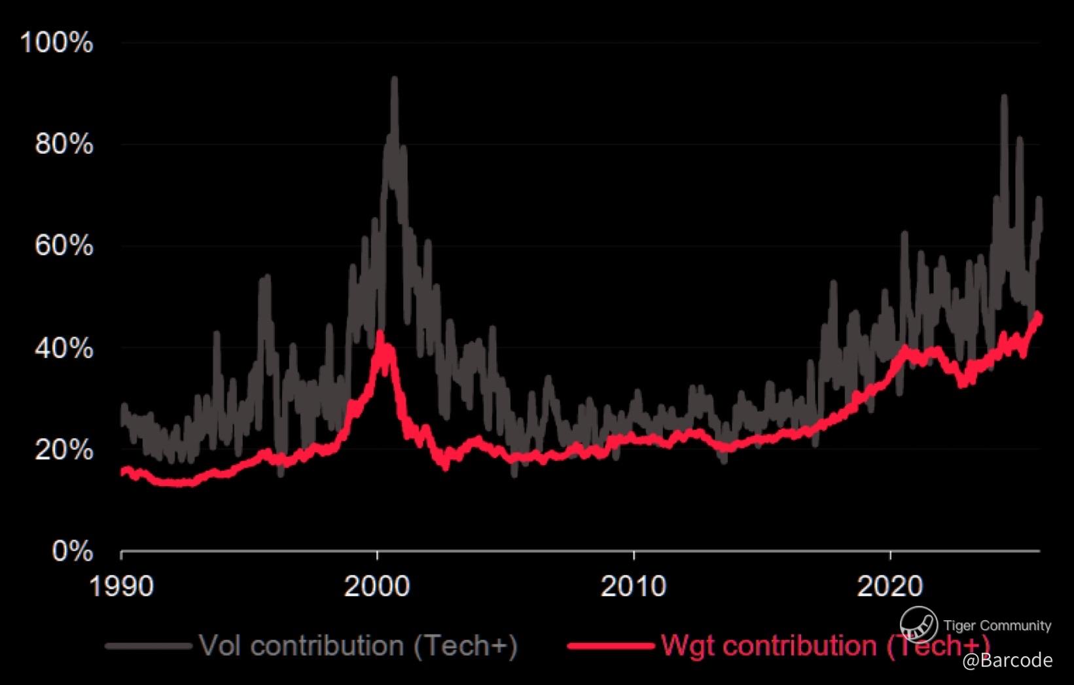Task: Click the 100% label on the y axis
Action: tap(57, 43)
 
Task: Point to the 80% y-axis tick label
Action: tap(64, 145)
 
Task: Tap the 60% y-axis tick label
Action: tap(64, 247)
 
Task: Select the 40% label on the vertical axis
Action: tap(64, 348)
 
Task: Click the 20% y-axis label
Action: tap(64, 450)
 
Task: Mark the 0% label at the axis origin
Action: tap(72, 552)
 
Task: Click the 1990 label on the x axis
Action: tap(121, 586)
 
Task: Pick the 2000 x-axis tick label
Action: tap(377, 586)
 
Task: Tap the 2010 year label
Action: tap(634, 586)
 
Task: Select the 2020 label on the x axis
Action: tap(890, 586)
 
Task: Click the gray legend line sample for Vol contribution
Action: tap(149, 646)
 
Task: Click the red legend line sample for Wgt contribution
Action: tap(611, 646)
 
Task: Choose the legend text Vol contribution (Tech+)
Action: tap(358, 646)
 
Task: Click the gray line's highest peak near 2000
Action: tap(394, 79)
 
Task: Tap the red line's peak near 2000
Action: tap(380, 334)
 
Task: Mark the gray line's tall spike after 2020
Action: tap(1003, 97)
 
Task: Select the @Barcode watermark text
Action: tap(1007, 661)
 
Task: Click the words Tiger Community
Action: tap(997, 626)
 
